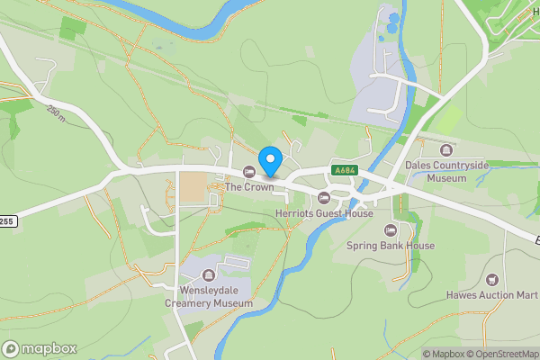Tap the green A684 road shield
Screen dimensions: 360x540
pyautogui.click(x=343, y=170)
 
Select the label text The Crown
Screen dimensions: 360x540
pyautogui.click(x=248, y=187)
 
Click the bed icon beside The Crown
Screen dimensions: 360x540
pyautogui.click(x=248, y=172)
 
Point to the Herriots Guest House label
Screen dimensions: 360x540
pyautogui.click(x=324, y=213)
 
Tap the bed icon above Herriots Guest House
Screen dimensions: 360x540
pyautogui.click(x=324, y=198)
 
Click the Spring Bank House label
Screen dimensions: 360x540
pyautogui.click(x=391, y=245)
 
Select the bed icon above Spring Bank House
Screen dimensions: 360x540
pyautogui.click(x=391, y=229)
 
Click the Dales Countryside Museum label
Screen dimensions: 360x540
pyautogui.click(x=446, y=172)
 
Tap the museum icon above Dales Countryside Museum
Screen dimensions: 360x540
pyautogui.click(x=446, y=149)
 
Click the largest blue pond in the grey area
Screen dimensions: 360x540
pyautogui.click(x=392, y=18)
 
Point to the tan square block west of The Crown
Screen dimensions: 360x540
pyautogui.click(x=191, y=187)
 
